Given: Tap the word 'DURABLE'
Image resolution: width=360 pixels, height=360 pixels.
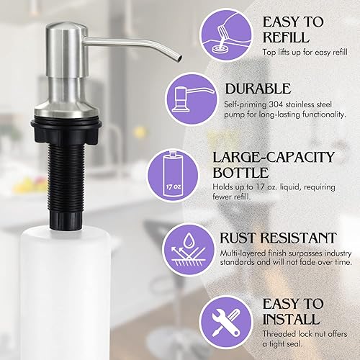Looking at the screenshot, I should [258, 89].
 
